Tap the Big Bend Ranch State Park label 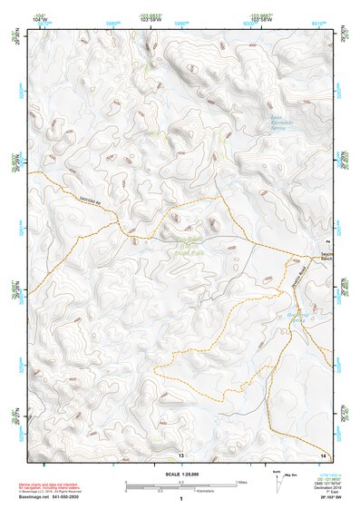coord(186,245)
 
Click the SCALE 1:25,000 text coord(180,472)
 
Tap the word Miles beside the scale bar coord(240,482)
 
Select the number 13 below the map coord(180,455)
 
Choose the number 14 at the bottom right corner coord(323,455)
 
